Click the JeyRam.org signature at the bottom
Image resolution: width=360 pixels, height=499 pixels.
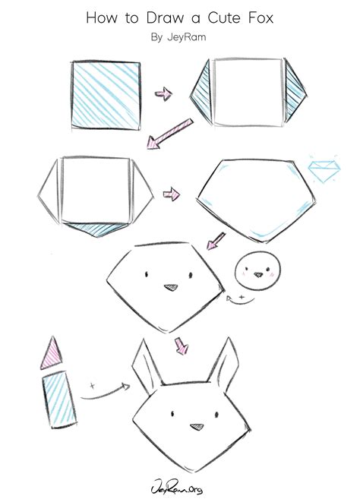point(179,481)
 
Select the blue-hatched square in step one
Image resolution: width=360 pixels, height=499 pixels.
point(106,94)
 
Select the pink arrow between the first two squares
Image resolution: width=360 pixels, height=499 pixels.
point(163,93)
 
